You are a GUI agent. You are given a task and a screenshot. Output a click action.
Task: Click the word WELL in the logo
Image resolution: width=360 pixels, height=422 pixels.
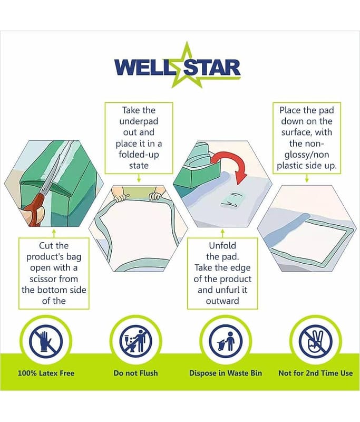144,68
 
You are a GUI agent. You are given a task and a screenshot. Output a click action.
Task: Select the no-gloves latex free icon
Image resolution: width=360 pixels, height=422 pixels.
46,341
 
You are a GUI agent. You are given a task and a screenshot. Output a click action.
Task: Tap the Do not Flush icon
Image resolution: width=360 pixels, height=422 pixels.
136,341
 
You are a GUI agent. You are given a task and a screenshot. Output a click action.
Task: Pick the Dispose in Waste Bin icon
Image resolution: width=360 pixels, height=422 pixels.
226,341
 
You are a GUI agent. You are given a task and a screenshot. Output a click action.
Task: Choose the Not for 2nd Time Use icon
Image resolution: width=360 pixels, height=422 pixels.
315,341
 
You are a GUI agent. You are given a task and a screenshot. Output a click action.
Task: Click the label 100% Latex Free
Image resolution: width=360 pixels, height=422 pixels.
46,373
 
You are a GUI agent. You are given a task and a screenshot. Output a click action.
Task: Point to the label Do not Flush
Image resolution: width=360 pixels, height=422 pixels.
136,373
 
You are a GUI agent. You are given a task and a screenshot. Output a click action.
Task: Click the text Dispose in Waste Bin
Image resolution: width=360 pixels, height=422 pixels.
226,373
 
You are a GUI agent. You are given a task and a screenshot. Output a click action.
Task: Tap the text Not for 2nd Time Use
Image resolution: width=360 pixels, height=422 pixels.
315,373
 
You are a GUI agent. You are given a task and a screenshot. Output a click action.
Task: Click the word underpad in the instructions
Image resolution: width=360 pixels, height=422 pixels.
139,122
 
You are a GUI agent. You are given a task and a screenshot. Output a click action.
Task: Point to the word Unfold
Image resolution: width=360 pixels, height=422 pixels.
222,245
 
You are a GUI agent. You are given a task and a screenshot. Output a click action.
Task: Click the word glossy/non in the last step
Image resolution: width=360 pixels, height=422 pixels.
307,155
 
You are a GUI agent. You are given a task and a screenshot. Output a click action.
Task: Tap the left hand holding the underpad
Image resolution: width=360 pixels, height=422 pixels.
120,195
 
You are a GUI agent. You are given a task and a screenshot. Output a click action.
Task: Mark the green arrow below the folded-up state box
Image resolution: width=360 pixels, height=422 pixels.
139,178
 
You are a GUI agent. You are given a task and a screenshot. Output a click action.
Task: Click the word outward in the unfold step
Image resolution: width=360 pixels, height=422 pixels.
222,301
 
